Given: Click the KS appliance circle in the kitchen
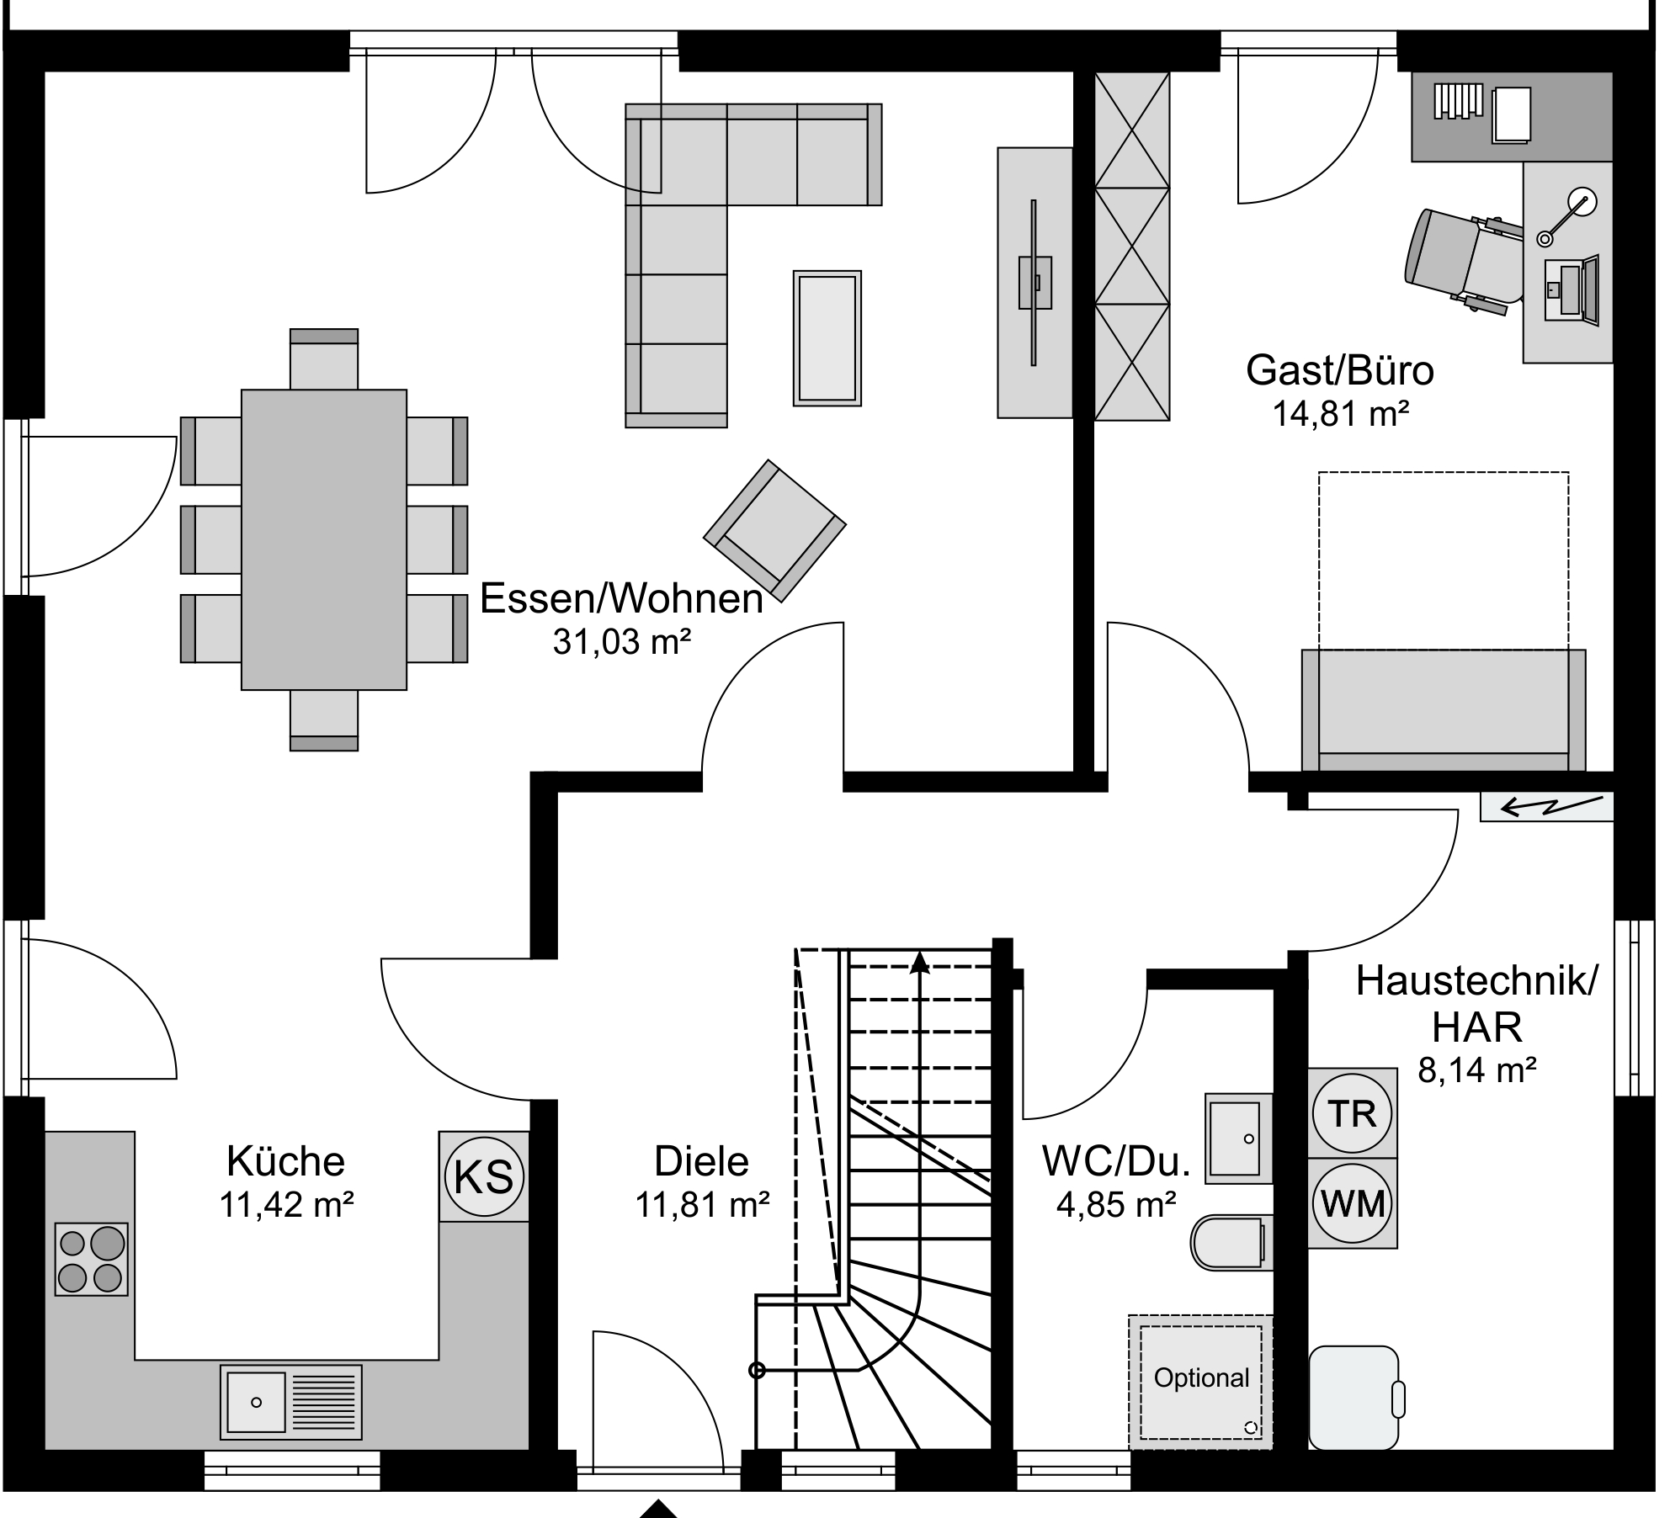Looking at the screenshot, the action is pos(484,1176).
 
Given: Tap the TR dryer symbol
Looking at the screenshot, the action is pos(1352,1113).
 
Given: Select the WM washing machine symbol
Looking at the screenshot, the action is pos(1352,1203).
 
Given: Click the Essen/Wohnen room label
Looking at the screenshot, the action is pos(621,599).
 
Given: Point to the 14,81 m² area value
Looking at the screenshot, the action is pos(1340,414).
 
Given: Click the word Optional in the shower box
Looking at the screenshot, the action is pos(1201,1377).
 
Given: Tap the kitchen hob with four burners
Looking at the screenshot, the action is pos(92,1260).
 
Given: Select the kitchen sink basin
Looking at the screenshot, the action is pos(256,1402).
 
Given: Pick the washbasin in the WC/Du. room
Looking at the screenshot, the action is pos(1238,1138).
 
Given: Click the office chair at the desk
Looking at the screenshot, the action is pos(1462,260).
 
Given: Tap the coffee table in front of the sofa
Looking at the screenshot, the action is pos(827,338).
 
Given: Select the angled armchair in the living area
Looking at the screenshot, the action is pos(774,530).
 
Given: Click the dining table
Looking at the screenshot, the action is pos(324,539).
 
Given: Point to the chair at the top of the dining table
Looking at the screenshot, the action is pos(324,359).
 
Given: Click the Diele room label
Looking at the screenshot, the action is pos(701,1162).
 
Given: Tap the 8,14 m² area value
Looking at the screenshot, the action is pos(1477,1070).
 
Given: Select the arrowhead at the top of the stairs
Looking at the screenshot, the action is pos(920,963).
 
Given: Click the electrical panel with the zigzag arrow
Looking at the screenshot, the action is pos(1546,807).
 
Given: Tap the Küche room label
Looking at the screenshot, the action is pos(285,1162).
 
